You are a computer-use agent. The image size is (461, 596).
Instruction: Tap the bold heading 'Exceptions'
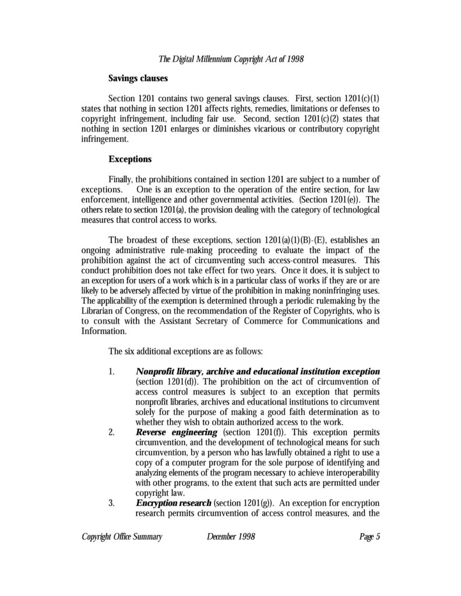click(129, 158)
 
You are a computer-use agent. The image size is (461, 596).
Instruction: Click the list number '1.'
click(111, 371)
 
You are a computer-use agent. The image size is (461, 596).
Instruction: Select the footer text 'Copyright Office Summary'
click(121, 537)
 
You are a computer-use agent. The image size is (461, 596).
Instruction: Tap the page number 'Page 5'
click(369, 537)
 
